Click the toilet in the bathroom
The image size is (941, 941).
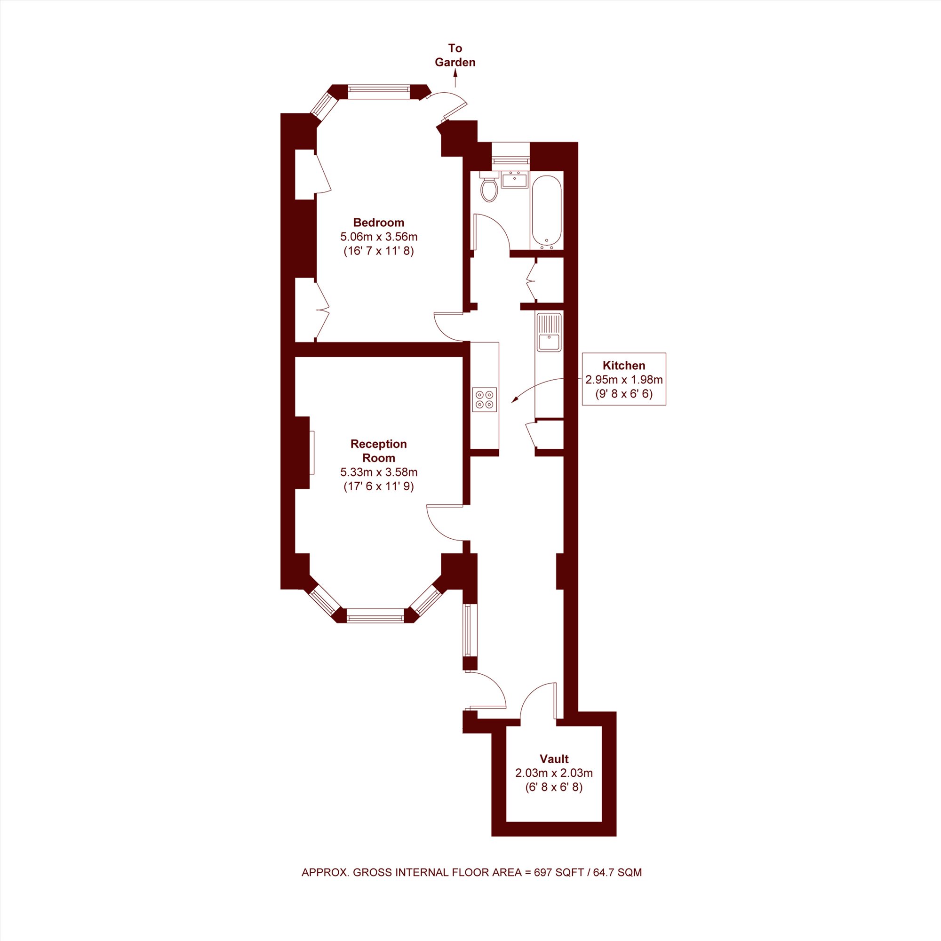pos(488,187)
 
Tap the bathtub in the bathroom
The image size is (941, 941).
pos(546,212)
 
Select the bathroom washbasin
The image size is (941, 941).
pos(514,180)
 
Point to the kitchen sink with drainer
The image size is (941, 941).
pos(549,332)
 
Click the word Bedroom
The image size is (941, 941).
pos(378,223)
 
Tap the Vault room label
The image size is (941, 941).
pos(554,758)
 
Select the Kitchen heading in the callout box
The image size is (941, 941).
pos(624,365)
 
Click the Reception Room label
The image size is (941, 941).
pos(379,451)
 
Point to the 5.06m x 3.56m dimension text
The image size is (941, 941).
pos(379,237)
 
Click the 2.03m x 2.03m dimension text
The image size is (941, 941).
pos(554,773)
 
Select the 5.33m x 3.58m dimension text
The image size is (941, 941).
pos(379,472)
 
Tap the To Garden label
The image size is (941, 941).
pos(455,55)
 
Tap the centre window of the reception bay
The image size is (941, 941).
pos(375,615)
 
